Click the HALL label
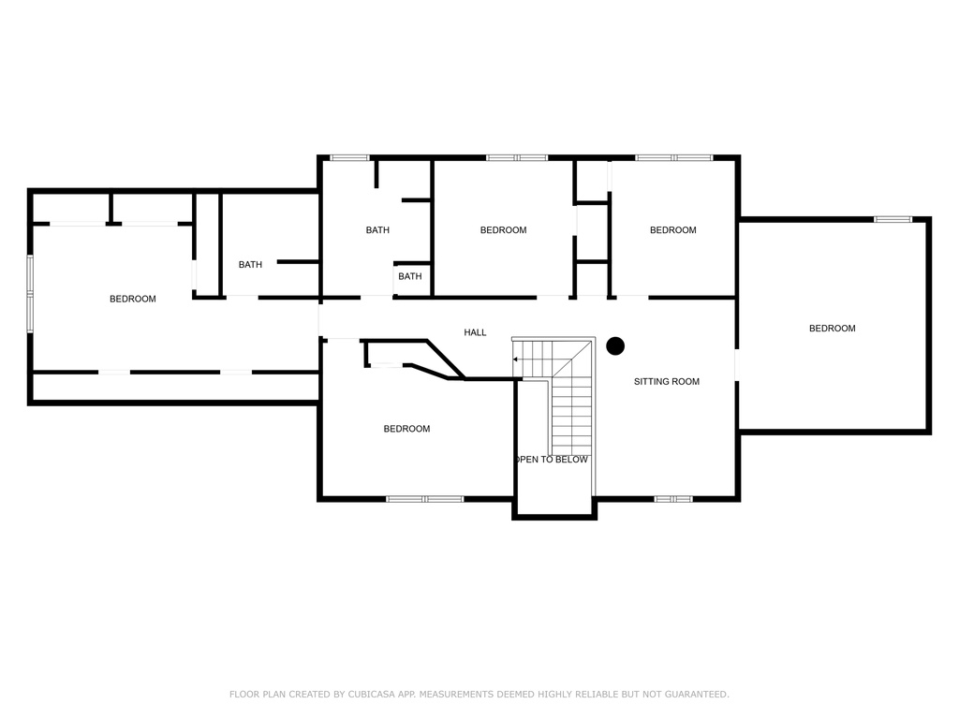click(x=475, y=332)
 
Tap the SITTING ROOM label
click(x=666, y=382)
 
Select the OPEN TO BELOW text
click(x=551, y=460)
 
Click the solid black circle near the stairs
click(x=615, y=346)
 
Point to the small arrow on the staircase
click(x=516, y=359)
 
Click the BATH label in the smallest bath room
click(x=410, y=276)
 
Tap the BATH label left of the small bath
click(x=377, y=230)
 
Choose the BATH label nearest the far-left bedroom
click(x=250, y=265)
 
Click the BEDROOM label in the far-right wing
click(x=832, y=329)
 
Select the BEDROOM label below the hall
click(x=406, y=429)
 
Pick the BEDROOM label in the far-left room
click(x=133, y=299)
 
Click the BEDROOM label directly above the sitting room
click(x=672, y=230)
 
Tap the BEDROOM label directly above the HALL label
click(x=503, y=230)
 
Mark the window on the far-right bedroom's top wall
click(x=893, y=219)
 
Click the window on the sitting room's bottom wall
click(x=672, y=499)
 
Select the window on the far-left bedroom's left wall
click(x=30, y=294)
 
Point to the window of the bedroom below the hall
click(x=425, y=499)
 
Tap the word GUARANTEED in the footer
click(x=697, y=694)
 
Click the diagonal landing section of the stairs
click(x=572, y=359)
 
